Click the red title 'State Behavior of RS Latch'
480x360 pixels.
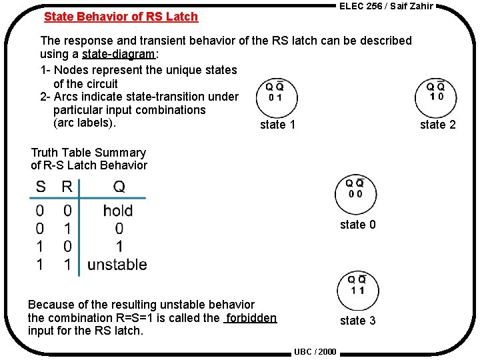121,17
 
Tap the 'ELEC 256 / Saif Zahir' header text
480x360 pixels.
386,6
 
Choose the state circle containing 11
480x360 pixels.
357,288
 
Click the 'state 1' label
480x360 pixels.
277,125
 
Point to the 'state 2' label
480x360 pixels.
438,125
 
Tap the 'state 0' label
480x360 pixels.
357,225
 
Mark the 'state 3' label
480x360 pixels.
357,321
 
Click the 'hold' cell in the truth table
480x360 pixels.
118,211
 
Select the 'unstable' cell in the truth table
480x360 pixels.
117,265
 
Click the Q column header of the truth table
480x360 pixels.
119,187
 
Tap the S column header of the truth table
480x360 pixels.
41,187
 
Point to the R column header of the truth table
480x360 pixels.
67,187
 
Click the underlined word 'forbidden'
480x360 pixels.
251,318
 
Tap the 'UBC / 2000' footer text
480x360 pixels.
315,351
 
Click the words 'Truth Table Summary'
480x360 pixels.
88,153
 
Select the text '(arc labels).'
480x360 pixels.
85,123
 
